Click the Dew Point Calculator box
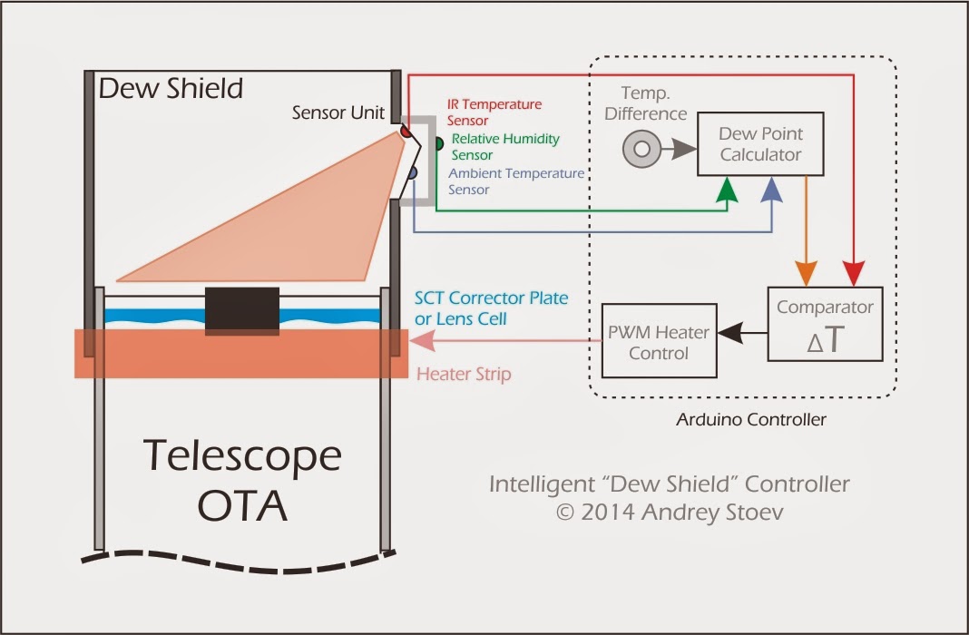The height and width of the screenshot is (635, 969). (x=760, y=144)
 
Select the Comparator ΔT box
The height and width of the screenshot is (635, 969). (x=824, y=324)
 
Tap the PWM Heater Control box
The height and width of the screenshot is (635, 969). (x=659, y=340)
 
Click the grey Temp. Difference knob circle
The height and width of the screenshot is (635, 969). (x=642, y=150)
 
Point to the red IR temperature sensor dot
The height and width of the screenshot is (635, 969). (x=406, y=133)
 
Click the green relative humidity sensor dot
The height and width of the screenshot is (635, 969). (x=437, y=143)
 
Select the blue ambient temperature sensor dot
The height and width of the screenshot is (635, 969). (x=412, y=172)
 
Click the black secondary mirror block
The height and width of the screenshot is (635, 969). (x=241, y=310)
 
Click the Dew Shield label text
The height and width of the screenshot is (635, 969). (x=171, y=88)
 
